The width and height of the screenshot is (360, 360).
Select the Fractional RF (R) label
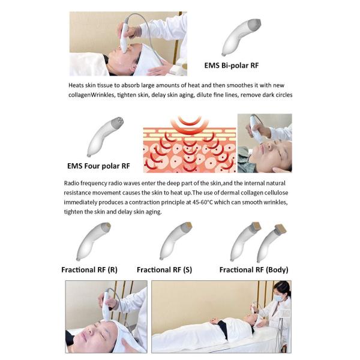click(x=89, y=269)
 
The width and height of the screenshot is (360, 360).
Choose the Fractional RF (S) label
click(x=164, y=269)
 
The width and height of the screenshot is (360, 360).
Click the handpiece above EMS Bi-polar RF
click(x=242, y=37)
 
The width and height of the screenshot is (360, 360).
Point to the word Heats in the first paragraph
click(x=77, y=85)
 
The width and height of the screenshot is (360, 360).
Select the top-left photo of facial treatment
click(x=128, y=43)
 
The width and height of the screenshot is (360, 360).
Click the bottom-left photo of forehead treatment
click(x=106, y=317)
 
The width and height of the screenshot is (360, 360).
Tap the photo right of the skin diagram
click(x=264, y=143)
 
